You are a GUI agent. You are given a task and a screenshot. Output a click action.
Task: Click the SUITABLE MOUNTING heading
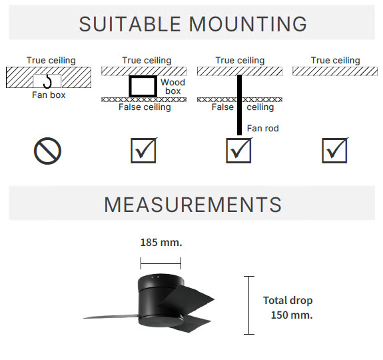(x=193, y=24)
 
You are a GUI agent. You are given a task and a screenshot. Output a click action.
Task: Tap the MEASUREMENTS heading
(x=193, y=205)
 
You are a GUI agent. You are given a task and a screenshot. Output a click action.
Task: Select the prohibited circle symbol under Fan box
(x=47, y=151)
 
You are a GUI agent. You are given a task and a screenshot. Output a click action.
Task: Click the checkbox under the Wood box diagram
(x=143, y=150)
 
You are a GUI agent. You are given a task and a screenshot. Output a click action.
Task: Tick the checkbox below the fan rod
(x=238, y=150)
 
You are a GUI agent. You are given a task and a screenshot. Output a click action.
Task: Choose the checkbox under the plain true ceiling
(x=334, y=150)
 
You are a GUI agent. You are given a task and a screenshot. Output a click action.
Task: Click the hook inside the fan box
(x=47, y=81)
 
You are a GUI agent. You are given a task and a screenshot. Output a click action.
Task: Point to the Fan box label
(x=49, y=95)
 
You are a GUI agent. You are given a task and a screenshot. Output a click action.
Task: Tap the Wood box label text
(x=173, y=87)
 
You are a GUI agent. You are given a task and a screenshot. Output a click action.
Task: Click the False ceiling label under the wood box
(x=145, y=107)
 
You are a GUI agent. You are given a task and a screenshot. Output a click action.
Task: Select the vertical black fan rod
(x=239, y=105)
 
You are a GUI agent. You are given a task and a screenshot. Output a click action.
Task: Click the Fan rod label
(x=263, y=128)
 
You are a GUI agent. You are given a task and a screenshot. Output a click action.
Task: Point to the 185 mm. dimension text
(x=161, y=243)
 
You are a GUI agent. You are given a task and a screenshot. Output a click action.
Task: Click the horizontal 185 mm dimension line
(x=161, y=263)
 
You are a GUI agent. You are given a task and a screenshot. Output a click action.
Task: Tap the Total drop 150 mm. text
(x=288, y=308)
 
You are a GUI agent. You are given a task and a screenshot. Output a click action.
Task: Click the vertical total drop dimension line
(x=249, y=305)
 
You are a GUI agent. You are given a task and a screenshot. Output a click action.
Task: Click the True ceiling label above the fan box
(x=51, y=61)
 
